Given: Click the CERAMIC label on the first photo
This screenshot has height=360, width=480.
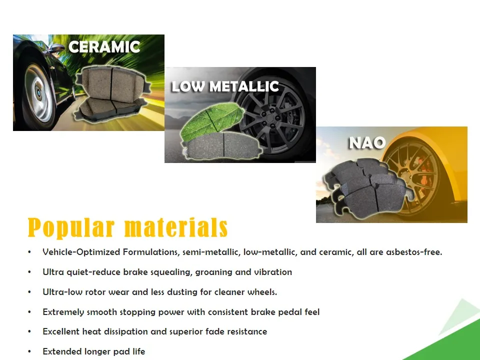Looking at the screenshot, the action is coord(104,47).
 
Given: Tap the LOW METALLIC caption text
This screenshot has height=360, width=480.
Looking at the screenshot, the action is coord(225,86).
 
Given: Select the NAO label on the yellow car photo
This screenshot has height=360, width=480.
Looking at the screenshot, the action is coord(367,142).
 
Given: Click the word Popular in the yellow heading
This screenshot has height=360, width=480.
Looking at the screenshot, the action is coord(71,228).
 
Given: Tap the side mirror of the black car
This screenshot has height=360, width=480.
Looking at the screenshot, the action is coord(56,48).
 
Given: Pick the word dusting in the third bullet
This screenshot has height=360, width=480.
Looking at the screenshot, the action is coord(182,292).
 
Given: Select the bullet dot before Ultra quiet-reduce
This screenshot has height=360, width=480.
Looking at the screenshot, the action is coord(29,272).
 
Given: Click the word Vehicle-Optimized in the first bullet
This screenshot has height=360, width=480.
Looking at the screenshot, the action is coord(81,252).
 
